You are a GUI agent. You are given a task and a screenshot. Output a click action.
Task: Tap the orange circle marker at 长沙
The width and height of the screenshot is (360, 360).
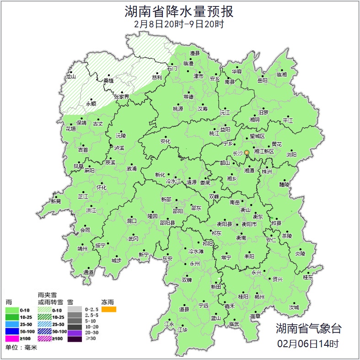click(247, 152)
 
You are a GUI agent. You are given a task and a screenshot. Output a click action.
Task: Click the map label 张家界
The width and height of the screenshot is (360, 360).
click(122, 97)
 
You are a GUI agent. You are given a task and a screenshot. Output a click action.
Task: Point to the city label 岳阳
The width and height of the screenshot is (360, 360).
click(262, 81)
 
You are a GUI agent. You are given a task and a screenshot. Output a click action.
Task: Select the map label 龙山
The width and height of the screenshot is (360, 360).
click(70, 77)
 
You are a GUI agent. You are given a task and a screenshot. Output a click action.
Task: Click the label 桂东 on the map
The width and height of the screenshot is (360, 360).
click(308, 277)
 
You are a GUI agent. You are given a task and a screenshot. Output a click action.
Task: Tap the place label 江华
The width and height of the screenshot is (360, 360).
click(183, 329)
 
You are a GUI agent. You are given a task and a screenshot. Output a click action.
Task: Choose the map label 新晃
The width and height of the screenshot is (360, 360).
click(56, 201)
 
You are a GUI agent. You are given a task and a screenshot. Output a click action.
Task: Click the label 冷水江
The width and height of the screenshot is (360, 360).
click(173, 182)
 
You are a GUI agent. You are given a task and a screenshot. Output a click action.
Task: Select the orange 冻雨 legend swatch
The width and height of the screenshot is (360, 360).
click(109, 310)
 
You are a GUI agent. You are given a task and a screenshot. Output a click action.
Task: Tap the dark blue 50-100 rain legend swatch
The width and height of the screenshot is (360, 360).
click(12, 332)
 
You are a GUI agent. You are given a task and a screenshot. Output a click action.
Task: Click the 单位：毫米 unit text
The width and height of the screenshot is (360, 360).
click(21, 348)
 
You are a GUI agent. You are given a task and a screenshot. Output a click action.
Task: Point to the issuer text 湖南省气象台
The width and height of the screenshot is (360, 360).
click(308, 328)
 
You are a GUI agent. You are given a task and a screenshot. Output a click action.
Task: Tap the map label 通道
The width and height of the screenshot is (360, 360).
click(88, 273)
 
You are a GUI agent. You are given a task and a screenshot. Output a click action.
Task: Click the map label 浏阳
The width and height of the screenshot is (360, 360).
click(291, 155)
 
